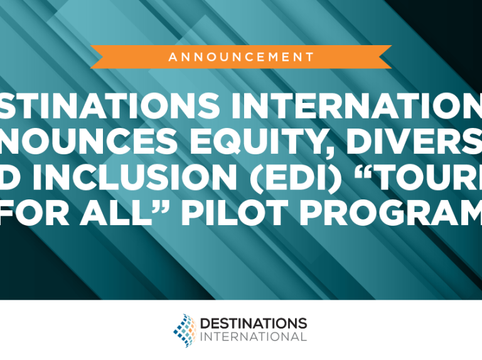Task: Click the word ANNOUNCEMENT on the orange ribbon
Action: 241,57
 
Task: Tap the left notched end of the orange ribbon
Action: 98,57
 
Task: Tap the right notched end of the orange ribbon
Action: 384,57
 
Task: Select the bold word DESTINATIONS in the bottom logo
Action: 253,323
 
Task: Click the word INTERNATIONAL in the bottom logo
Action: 253,337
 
